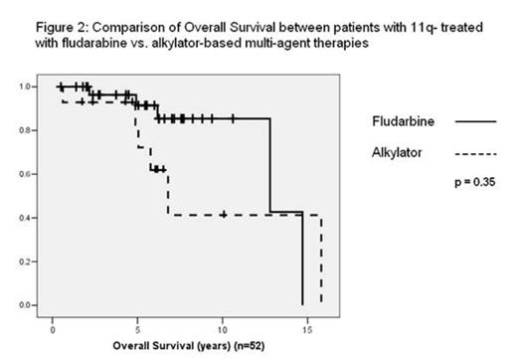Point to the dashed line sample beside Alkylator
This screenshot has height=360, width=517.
[473, 154]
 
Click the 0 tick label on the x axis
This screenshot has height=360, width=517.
[53, 323]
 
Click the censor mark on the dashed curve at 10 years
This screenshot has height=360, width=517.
[224, 214]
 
